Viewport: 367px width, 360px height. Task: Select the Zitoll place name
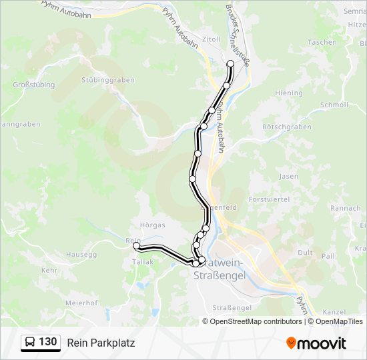click(x=211, y=39)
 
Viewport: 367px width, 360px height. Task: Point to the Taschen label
click(x=322, y=42)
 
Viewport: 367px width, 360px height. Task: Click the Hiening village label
click(x=289, y=93)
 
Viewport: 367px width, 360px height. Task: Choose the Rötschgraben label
click(x=287, y=127)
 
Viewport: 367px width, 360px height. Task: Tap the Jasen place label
click(x=289, y=177)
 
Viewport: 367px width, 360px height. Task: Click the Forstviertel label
click(x=269, y=199)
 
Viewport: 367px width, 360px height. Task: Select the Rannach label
click(x=345, y=208)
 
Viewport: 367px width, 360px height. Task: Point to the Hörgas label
click(x=153, y=225)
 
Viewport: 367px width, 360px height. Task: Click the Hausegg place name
click(x=81, y=255)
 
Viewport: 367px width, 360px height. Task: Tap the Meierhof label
click(x=83, y=303)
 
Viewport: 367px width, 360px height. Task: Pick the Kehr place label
click(x=49, y=271)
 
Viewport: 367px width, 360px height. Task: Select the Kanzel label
click(x=334, y=312)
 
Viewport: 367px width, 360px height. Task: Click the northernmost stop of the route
click(x=231, y=64)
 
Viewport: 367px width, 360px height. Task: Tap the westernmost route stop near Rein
click(x=137, y=246)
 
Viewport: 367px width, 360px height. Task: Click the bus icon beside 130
click(x=30, y=343)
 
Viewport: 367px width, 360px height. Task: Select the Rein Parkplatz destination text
click(x=101, y=343)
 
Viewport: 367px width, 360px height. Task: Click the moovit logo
click(x=316, y=343)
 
